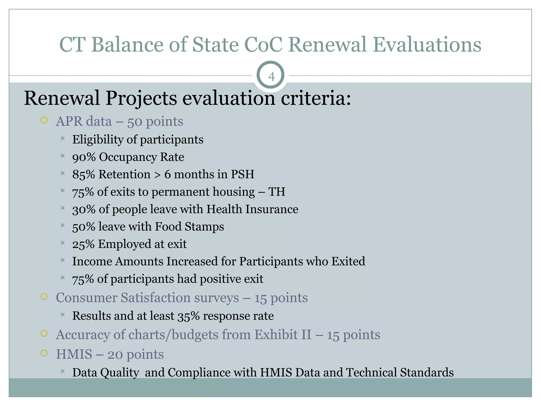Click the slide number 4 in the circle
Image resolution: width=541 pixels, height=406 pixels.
click(x=271, y=77)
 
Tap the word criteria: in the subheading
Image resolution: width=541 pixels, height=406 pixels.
click(x=316, y=98)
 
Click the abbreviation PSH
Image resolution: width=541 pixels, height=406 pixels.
click(x=242, y=174)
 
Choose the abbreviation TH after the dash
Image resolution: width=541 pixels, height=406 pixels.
click(x=277, y=192)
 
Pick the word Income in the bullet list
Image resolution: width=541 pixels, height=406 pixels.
click(x=92, y=262)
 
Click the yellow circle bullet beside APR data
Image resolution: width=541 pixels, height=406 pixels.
click(x=44, y=121)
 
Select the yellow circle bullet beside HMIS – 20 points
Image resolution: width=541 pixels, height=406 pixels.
click(x=44, y=353)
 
